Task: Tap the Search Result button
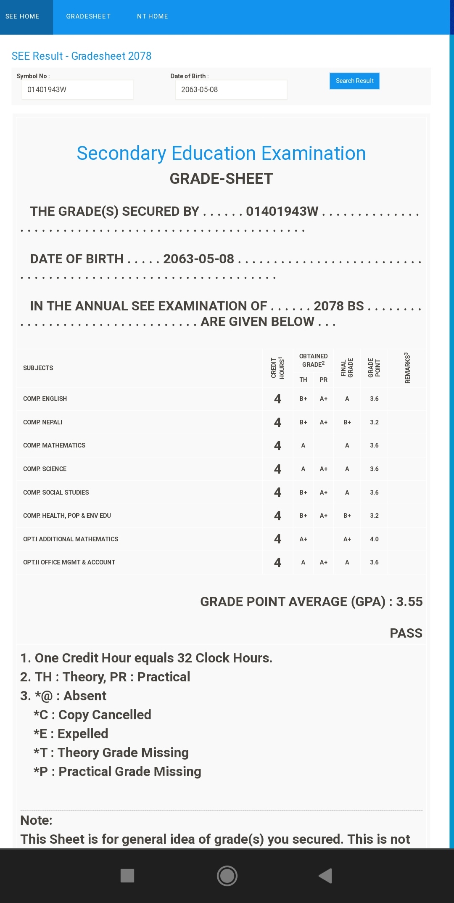coord(354,81)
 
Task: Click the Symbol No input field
coord(77,90)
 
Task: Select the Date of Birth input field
coord(231,90)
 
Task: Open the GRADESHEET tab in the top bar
coord(88,16)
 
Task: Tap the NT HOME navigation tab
coord(152,16)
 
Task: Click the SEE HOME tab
coord(22,16)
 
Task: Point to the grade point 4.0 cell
coord(374,539)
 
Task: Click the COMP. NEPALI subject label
coord(43,422)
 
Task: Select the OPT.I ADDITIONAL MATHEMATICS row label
coord(71,539)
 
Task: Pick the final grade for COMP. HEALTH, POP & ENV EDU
coord(347,516)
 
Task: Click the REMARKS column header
coord(407,368)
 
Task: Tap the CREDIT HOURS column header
coord(277,368)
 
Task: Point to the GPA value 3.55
coord(409,601)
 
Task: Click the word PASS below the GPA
coord(406,633)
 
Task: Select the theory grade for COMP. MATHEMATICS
coord(303,445)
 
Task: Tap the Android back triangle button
coord(325,876)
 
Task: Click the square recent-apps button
coord(127,876)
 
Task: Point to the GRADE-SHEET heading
coord(221,179)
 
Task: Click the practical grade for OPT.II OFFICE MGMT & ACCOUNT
coord(323,562)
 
